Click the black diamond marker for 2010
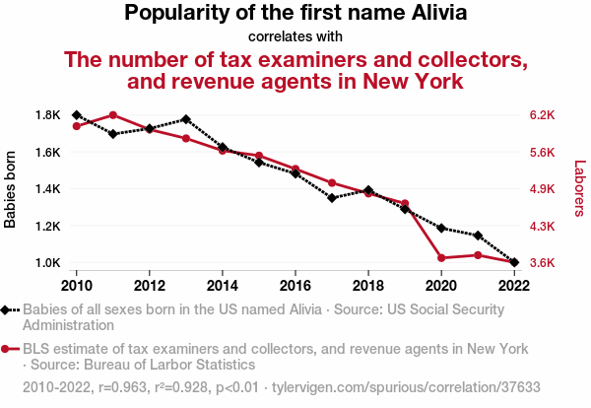pyautogui.click(x=77, y=115)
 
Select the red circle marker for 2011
pyautogui.click(x=113, y=115)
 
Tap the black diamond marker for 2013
pyautogui.click(x=186, y=119)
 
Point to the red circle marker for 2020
pyautogui.click(x=441, y=258)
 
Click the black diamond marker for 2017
pyautogui.click(x=332, y=198)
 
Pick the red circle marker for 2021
pyautogui.click(x=478, y=255)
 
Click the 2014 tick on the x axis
pyautogui.click(x=223, y=285)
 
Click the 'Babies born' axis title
pyautogui.click(x=11, y=189)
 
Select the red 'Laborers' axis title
pyautogui.click(x=579, y=189)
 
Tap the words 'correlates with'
pyautogui.click(x=295, y=37)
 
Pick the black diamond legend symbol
pyautogui.click(x=8, y=309)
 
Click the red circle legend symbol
pyautogui.click(x=8, y=349)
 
